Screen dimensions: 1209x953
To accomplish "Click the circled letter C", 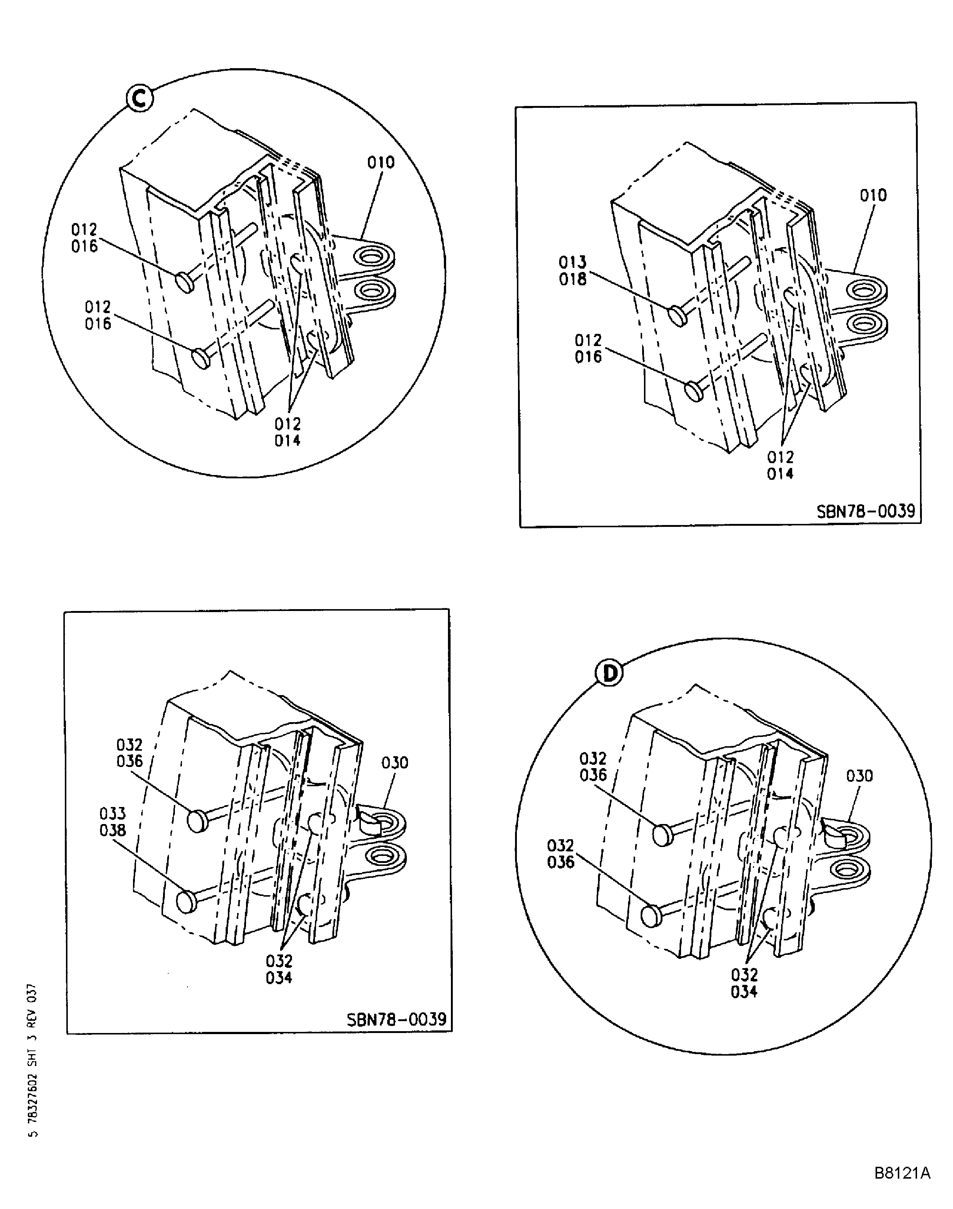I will coord(139,99).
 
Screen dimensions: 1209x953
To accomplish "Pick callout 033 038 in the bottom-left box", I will coord(113,822).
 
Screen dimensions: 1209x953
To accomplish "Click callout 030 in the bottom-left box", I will coord(395,762).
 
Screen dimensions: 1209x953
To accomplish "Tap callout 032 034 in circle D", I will coord(744,983).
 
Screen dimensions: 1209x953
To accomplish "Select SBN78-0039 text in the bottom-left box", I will coord(396,1019).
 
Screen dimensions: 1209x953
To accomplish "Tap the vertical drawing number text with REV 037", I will coord(32,1060).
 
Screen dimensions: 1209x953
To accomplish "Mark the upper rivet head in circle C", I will coord(185,282).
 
